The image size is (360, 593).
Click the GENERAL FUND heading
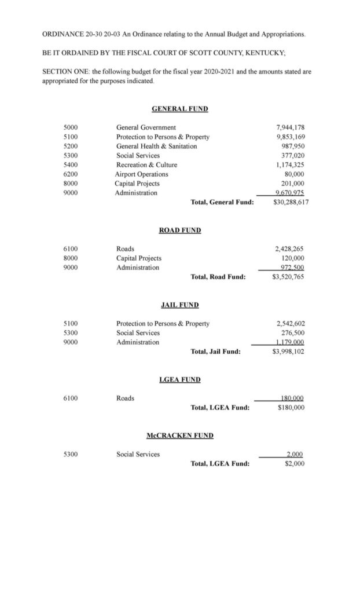click(x=179, y=108)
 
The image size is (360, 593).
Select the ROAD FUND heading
click(x=179, y=230)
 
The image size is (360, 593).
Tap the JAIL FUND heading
click(x=179, y=304)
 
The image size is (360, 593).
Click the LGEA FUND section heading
click(x=179, y=379)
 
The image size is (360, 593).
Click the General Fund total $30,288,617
click(x=288, y=202)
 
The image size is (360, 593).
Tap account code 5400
click(x=71, y=164)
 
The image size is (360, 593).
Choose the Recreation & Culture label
click(x=146, y=164)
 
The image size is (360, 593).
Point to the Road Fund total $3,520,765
click(x=288, y=277)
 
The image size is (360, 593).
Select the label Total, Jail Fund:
click(x=215, y=351)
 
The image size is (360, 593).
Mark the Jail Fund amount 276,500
click(x=293, y=332)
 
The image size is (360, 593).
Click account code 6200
click(x=71, y=174)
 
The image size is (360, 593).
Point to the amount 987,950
click(x=292, y=146)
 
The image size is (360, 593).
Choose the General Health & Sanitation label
click(x=156, y=146)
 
